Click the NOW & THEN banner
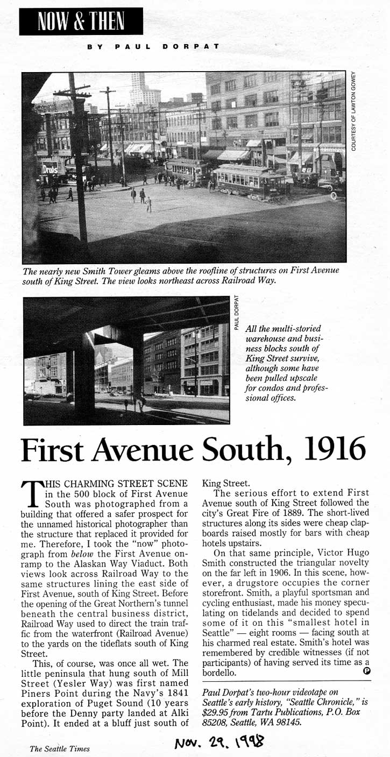(81, 21)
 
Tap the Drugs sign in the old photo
(50, 167)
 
